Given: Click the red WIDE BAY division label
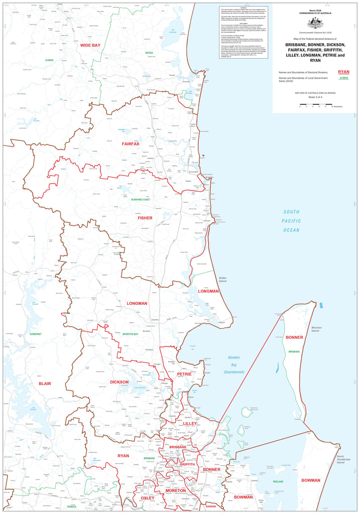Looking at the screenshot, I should coord(90,45).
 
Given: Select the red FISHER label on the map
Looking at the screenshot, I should coord(145,218).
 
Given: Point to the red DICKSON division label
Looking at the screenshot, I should coord(119,382).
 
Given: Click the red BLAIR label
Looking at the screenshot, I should coord(45,383).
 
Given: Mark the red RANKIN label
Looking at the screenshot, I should coord(211,506).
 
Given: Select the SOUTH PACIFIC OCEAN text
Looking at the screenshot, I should coord(291,221).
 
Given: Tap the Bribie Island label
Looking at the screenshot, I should coord(223,280).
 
